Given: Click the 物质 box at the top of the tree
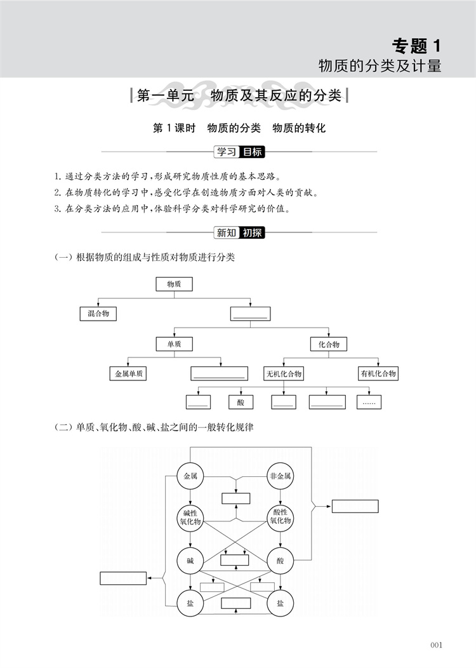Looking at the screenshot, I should point(174,284).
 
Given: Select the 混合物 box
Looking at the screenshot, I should point(98,314).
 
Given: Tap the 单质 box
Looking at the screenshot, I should point(174,344).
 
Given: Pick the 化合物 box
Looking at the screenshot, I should point(329,344).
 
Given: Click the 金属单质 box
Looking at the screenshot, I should point(129,373).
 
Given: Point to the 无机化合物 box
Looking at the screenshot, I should point(284,373).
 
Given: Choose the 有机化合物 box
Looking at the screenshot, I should point(378,373).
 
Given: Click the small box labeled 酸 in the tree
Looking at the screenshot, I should point(241,402).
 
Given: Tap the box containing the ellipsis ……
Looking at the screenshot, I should point(368,402).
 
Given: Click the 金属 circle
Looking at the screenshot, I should point(190,476).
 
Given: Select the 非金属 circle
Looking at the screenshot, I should point(281,476).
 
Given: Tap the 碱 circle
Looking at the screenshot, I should point(190,561).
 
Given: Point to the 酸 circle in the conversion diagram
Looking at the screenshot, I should point(281,561).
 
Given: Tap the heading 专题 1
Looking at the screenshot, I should point(416,46).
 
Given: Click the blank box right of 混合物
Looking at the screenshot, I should point(250,314).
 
